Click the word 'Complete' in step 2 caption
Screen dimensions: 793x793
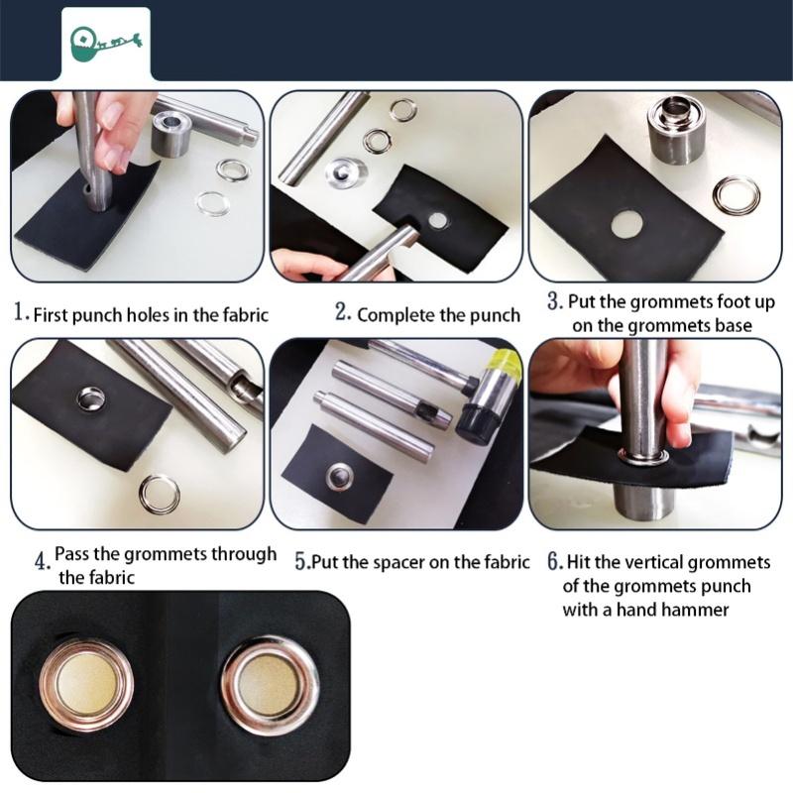[x=396, y=315]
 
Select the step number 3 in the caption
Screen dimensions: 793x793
[x=555, y=300]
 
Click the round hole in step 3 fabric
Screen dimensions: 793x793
[x=625, y=224]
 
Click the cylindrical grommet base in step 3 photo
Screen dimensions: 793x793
[x=676, y=129]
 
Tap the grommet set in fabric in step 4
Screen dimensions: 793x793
[x=92, y=398]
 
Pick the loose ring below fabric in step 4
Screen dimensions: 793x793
[x=159, y=494]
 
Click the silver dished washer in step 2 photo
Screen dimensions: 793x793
[x=347, y=172]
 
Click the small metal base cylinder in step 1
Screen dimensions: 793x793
[x=171, y=134]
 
